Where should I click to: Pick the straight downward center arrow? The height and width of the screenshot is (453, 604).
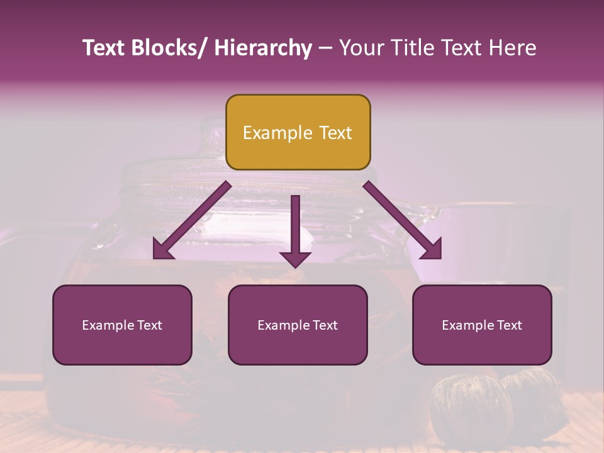(295, 226)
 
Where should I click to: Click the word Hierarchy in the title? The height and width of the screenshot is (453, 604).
(263, 48)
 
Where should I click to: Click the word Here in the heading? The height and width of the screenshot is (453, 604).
(513, 48)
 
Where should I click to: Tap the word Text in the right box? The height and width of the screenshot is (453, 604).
(508, 325)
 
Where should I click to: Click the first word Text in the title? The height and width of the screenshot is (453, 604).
(104, 48)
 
